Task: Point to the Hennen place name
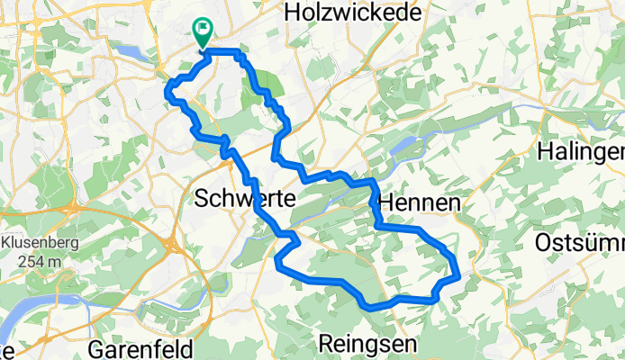coord(420,204)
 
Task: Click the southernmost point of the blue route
coord(369,307)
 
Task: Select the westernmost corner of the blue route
coord(167,88)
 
